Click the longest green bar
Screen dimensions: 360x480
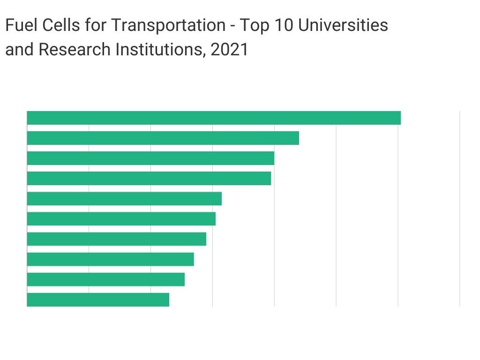(214, 118)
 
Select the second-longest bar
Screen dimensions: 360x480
(163, 138)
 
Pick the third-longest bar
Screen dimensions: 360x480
(150, 158)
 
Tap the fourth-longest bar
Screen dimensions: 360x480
(149, 179)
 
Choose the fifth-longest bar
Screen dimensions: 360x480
(124, 199)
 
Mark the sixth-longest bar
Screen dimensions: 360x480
(121, 219)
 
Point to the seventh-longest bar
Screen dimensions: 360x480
(117, 239)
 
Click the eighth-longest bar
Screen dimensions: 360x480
(111, 259)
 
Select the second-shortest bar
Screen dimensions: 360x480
(106, 279)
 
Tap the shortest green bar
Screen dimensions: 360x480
(98, 300)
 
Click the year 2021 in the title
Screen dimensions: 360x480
(229, 49)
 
